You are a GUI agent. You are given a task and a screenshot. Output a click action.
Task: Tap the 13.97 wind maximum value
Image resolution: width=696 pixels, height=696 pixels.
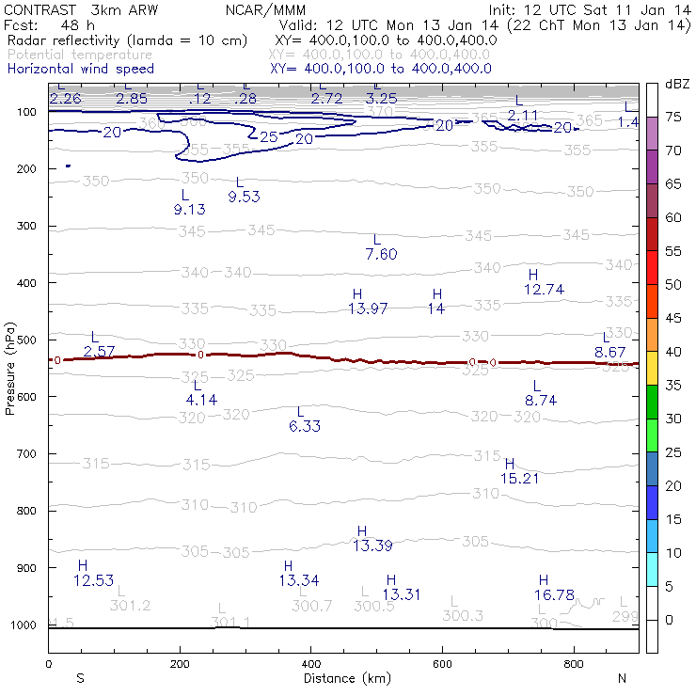368,308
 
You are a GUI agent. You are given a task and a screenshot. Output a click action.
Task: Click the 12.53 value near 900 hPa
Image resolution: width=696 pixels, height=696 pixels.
92,579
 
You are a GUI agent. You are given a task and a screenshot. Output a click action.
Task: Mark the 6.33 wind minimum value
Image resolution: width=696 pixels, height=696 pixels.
305,426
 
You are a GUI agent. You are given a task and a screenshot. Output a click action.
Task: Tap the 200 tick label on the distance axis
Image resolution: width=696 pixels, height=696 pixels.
179,663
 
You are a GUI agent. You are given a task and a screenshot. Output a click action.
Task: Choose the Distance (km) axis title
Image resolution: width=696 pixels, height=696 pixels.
342,678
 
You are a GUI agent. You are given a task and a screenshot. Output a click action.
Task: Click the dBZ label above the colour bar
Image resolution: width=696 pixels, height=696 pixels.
677,84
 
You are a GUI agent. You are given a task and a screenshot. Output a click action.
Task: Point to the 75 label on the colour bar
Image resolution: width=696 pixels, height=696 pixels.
673,118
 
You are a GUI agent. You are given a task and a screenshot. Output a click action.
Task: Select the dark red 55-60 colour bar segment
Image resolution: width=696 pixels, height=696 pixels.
651,234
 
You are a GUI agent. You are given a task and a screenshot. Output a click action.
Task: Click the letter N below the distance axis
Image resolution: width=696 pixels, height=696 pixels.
621,678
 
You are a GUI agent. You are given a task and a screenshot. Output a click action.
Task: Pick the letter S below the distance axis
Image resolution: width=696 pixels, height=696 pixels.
81,678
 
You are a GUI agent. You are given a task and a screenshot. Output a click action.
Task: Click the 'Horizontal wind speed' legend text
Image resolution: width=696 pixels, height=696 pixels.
80,69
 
